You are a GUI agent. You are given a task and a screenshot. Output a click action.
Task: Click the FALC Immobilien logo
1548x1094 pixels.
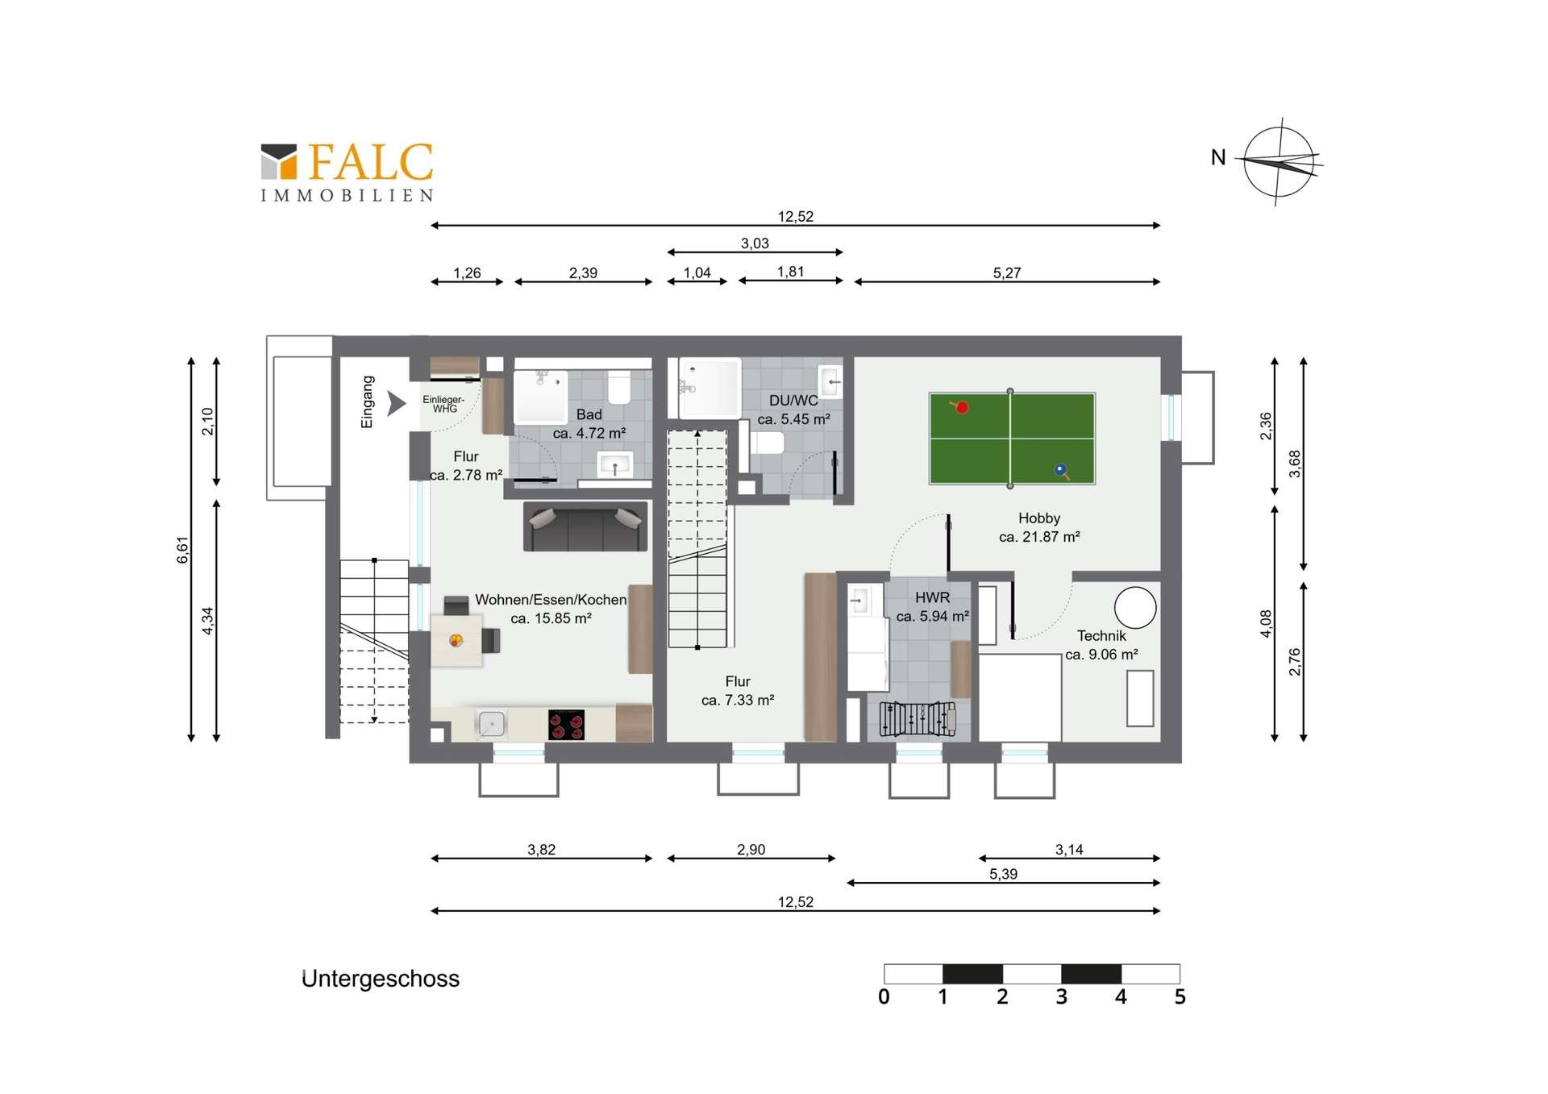coord(347,172)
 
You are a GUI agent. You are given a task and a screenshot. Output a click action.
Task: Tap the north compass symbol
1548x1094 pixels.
coord(1280,162)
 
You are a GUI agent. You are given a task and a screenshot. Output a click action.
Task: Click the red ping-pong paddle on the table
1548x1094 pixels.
coord(959,406)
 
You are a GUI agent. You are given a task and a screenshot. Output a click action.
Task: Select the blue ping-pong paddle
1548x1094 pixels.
coord(1061,471)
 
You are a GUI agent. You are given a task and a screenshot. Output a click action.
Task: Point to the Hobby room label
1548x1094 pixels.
coord(1039,527)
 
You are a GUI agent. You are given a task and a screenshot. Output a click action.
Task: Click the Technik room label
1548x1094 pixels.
coord(1101,645)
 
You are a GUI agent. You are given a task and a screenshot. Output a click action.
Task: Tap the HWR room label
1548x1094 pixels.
coord(933,606)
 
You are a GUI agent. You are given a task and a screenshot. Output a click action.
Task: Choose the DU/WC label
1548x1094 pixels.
coord(793,410)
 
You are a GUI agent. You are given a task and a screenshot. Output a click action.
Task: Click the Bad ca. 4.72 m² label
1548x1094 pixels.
coord(589,423)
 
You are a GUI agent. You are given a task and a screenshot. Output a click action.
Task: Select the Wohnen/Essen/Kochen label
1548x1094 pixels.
coord(551,600)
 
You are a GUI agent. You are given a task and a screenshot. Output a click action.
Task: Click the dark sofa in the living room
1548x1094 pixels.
coord(585,526)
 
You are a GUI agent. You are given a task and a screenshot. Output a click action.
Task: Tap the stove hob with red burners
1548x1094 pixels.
coord(566,724)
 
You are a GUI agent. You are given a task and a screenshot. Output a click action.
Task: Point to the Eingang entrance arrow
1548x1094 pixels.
coord(396,403)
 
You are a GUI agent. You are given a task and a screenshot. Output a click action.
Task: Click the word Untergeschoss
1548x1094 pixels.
coord(381,979)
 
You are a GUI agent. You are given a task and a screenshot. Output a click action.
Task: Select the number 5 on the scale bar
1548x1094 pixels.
coord(1180,997)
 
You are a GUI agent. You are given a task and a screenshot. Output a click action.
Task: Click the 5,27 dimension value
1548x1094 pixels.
coord(1007,273)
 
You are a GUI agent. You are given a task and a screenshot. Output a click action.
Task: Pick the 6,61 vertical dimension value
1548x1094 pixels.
coord(183,550)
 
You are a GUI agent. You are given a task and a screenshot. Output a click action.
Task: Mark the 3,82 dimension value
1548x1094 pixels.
coord(542,850)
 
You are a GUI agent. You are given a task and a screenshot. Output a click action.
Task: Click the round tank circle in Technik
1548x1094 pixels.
coord(1135,607)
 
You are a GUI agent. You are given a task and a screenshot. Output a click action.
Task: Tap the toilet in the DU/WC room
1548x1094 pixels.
coord(767,443)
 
